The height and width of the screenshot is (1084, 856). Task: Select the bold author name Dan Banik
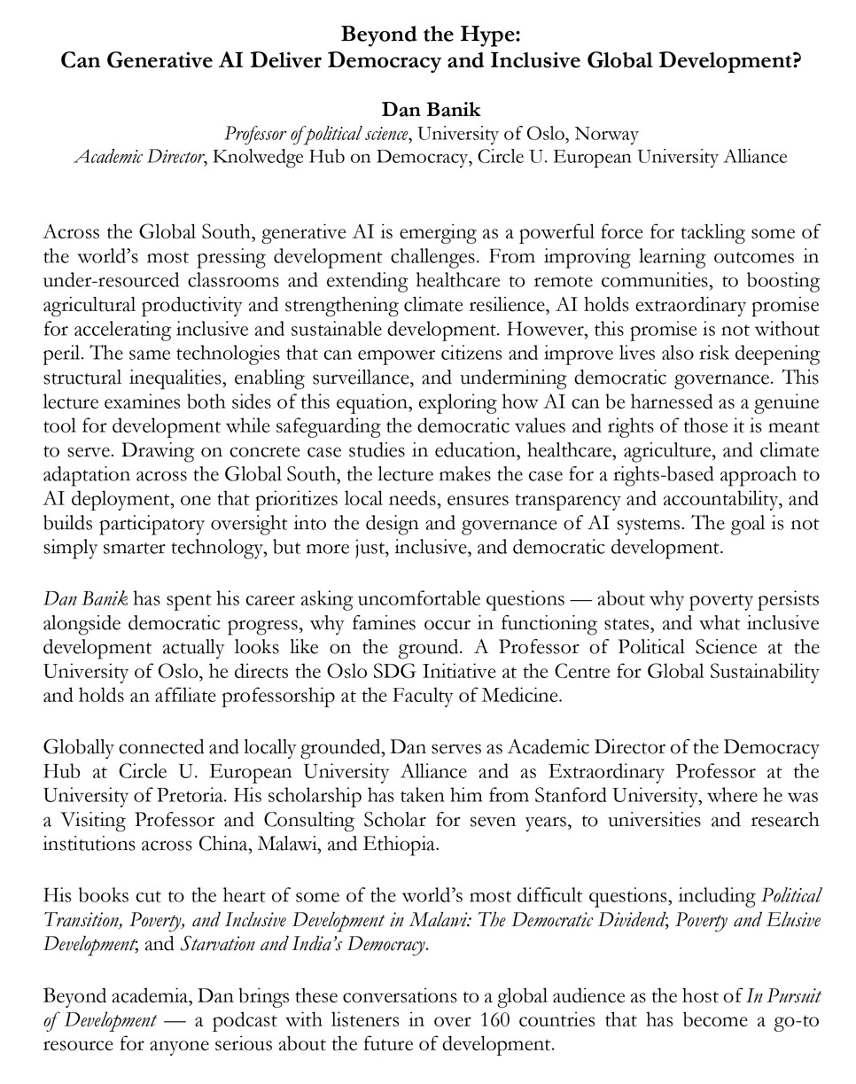tap(431, 110)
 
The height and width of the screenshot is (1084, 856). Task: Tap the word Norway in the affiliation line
tap(606, 134)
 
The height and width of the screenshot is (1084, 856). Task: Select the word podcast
tap(245, 1019)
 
